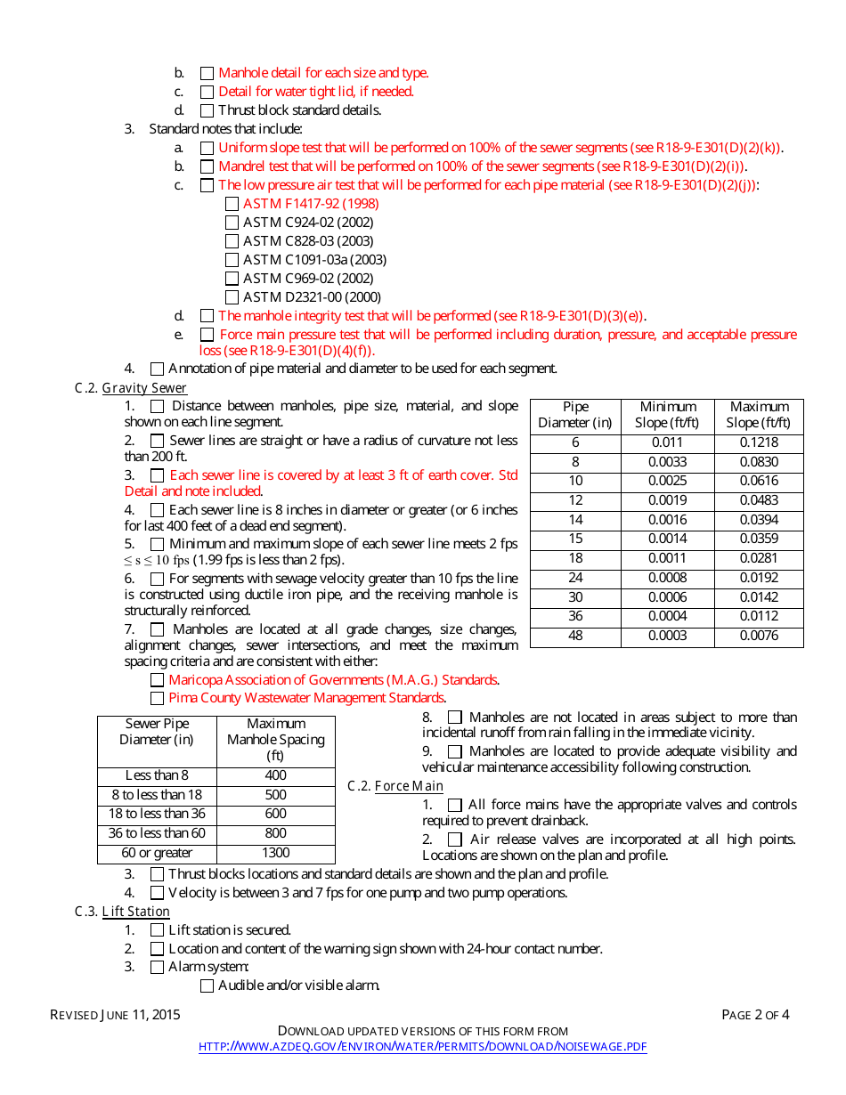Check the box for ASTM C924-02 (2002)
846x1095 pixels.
point(232,223)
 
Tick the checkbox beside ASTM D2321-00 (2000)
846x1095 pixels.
point(232,297)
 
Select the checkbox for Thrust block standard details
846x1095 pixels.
point(207,110)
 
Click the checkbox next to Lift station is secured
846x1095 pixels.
point(157,930)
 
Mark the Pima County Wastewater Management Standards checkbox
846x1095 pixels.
point(157,699)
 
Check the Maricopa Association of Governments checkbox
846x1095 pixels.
point(157,680)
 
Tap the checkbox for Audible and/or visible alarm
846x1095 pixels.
point(207,985)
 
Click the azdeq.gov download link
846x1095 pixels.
point(422,1047)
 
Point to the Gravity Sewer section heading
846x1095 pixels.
point(144,388)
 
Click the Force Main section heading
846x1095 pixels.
point(409,786)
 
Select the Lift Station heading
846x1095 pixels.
point(135,912)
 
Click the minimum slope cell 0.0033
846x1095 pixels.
point(668,462)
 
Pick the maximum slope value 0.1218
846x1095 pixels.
point(759,442)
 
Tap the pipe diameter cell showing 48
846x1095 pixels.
point(575,636)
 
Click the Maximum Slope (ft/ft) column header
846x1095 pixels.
point(759,415)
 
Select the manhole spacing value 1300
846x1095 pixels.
point(276,853)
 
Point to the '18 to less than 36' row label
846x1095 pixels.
point(157,814)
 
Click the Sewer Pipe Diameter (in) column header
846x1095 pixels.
point(157,732)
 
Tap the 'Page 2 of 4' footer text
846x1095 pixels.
point(755,1015)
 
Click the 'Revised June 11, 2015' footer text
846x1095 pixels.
point(115,1015)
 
